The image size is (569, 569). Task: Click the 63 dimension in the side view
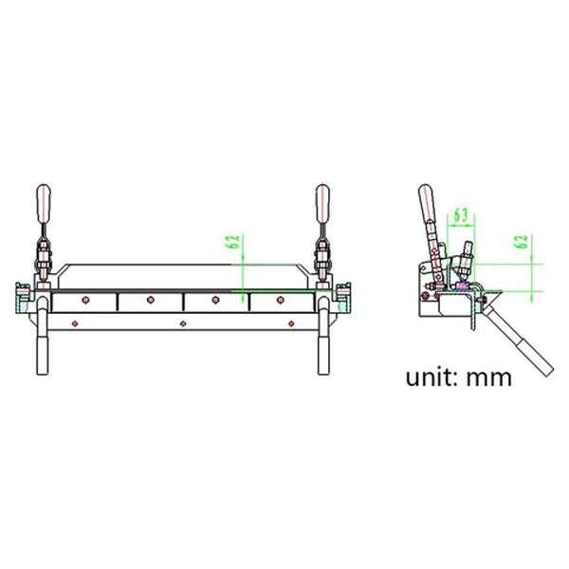coord(459,214)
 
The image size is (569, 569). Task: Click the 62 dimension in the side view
coord(521,244)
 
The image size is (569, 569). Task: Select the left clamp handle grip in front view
coord(43,202)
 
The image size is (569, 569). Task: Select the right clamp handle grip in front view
coord(323,202)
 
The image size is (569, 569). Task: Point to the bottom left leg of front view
coord(44,353)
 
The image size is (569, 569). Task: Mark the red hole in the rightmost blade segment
coord(282,301)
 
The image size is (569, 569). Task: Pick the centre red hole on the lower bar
coord(183,322)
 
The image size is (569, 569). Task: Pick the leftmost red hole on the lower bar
coord(77,322)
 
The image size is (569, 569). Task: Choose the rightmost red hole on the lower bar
coord(289,322)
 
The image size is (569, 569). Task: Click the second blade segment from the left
coord(150,302)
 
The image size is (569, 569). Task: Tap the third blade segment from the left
coord(216,302)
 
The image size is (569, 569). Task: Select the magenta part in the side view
coord(463,284)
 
